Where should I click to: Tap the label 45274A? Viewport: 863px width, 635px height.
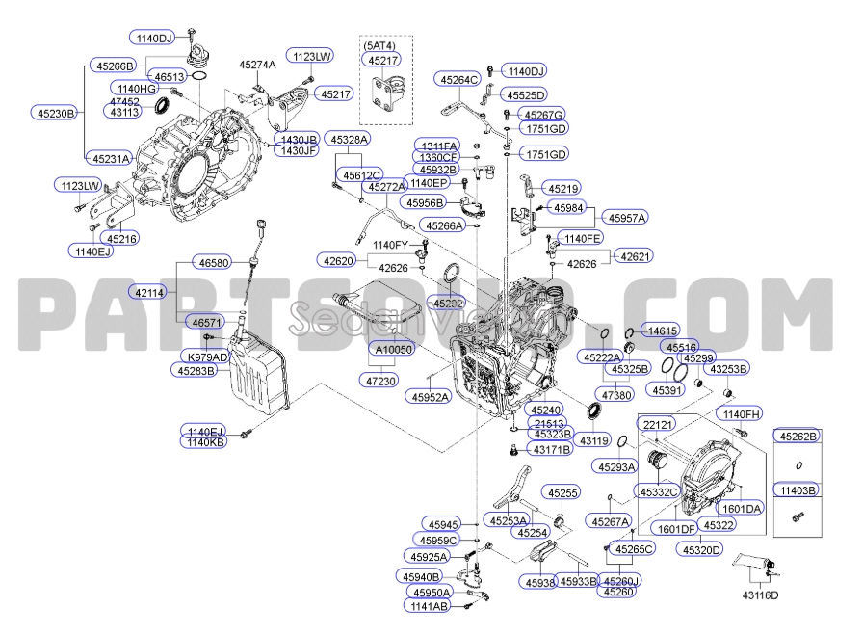257,65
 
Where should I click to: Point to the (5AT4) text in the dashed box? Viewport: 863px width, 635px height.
379,45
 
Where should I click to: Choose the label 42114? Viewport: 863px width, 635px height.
151,291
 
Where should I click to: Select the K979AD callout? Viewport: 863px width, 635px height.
203,357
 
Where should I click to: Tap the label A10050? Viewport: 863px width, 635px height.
393,349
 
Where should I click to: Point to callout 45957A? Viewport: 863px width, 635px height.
627,218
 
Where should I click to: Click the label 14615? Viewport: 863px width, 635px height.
663,330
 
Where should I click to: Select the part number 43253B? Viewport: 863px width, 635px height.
729,368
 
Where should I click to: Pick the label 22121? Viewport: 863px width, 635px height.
659,424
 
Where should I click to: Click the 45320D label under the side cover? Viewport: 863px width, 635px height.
701,549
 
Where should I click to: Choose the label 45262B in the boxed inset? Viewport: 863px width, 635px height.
798,436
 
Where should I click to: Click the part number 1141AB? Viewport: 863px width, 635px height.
426,606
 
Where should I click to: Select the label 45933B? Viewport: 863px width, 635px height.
579,582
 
